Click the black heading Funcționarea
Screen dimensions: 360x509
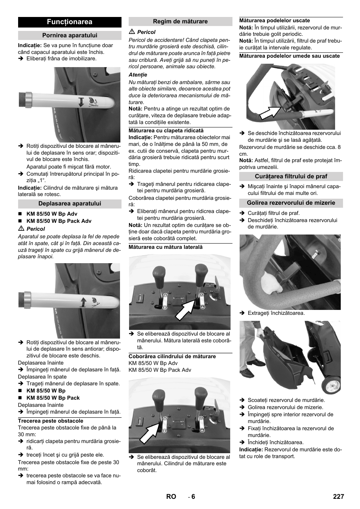69,22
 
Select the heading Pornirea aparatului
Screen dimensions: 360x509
69,35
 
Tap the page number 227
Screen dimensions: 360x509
338,497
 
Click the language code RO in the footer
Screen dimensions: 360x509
171,497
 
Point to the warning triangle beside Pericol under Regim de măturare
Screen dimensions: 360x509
132,32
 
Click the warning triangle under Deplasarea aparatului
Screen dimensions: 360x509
21,228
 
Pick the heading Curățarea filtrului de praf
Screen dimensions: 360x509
291,176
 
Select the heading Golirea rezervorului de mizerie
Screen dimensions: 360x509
291,203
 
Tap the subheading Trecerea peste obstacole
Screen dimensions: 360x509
51,421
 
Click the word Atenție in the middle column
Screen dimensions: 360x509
138,75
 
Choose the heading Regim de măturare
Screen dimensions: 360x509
180,21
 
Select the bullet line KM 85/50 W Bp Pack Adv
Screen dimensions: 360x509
59,221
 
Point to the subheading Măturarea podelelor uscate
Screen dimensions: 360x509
274,20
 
